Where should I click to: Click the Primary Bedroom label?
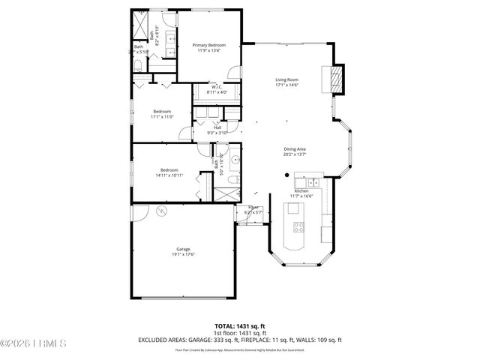pos(207,46)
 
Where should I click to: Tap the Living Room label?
pos(286,79)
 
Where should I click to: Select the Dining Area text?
pos(294,149)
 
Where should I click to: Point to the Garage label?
pos(183,249)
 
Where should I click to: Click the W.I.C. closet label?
pos(216,87)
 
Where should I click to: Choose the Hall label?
pos(217,127)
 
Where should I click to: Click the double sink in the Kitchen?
pos(307,182)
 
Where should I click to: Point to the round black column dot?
pos(286,175)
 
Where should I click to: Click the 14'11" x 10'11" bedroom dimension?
pos(169,175)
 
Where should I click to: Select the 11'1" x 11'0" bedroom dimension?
pos(162,117)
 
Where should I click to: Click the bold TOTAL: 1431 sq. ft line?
pos(240,326)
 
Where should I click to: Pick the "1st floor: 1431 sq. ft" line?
pos(240,333)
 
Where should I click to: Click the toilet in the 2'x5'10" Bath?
pos(138,68)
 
